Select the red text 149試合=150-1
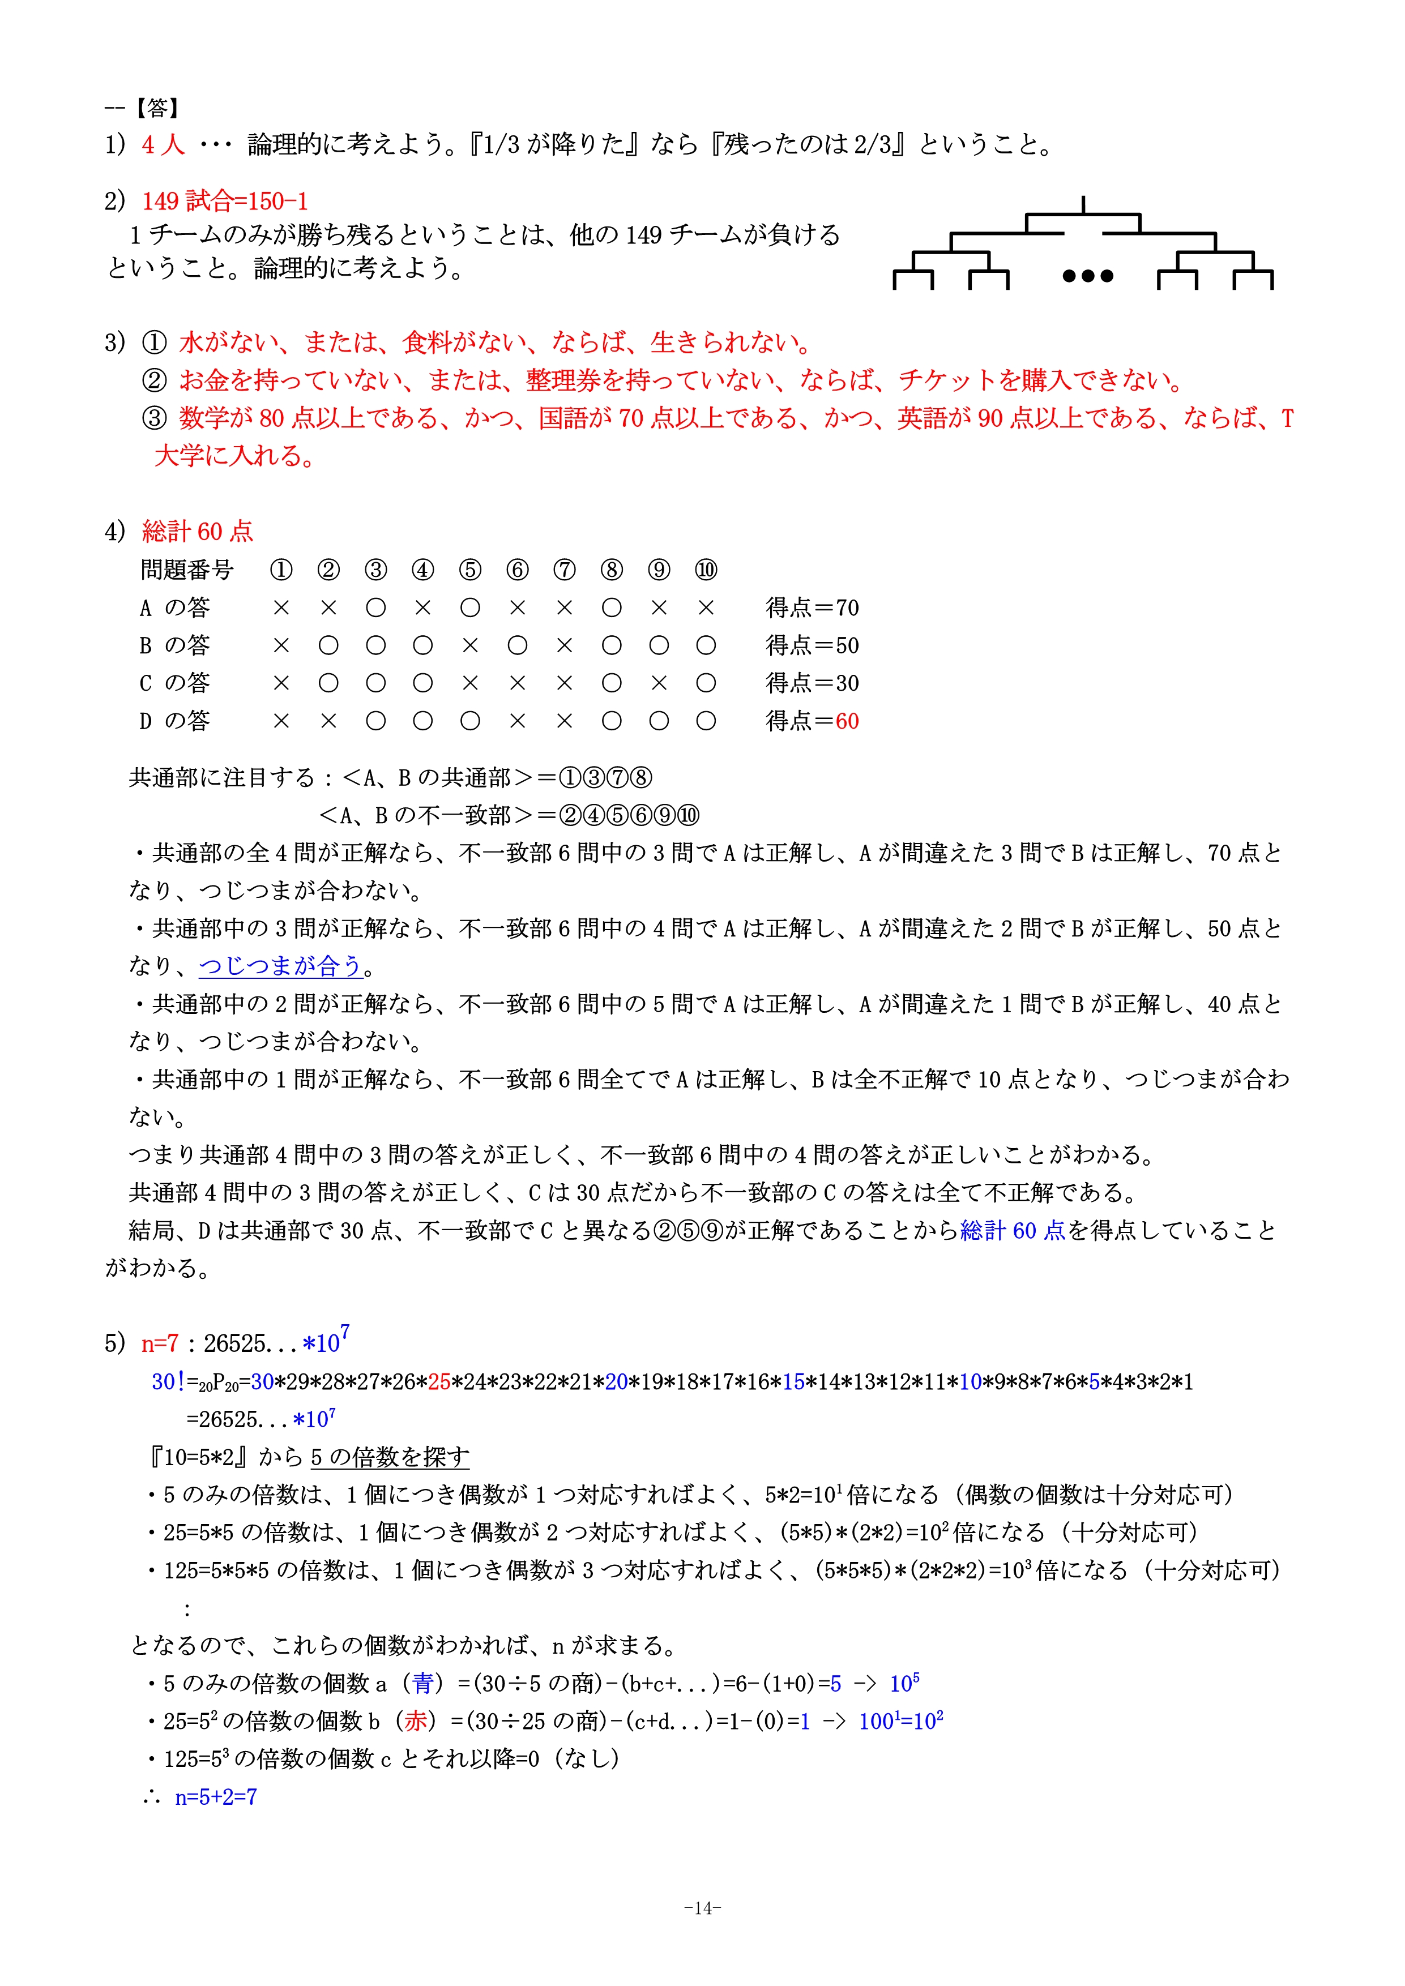coord(225,202)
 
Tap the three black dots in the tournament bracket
coord(1087,276)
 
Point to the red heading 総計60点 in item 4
coord(197,531)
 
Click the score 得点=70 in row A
coord(812,608)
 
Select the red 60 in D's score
coord(847,721)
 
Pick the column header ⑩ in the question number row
coord(706,570)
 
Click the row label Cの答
coord(175,683)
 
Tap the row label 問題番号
coord(187,570)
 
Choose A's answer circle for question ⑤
coord(470,608)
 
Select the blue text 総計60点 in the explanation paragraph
coord(1012,1231)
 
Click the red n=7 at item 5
coord(160,1343)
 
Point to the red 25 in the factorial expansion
coord(439,1383)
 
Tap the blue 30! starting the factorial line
coord(168,1383)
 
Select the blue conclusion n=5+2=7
coord(215,1797)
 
